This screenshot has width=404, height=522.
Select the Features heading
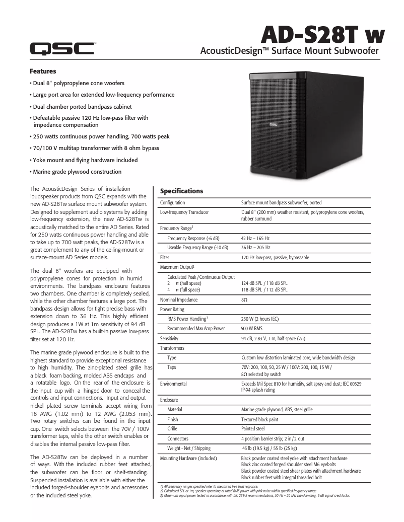coord(43,71)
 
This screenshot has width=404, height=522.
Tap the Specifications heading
coord(181,191)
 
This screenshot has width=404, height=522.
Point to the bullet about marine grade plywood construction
coord(77,172)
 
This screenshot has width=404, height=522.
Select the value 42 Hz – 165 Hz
coord(255,238)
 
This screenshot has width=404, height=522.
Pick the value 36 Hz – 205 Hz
coord(255,248)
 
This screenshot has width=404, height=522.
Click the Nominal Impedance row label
coord(179,300)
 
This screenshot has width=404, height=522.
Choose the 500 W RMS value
coord(254,329)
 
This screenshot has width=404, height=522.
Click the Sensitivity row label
coord(169,339)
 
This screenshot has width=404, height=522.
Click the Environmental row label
coord(173,384)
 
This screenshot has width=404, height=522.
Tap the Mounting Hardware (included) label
coord(188,459)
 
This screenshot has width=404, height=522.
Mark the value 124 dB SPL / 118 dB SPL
coord(264,283)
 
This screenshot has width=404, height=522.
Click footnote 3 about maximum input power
coord(254,496)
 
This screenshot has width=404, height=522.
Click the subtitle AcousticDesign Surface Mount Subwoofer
coord(289,51)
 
